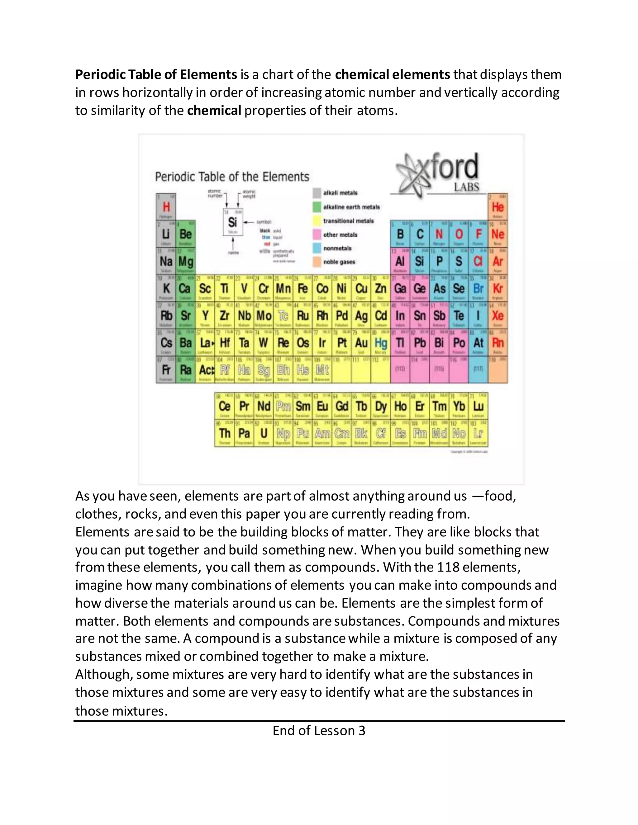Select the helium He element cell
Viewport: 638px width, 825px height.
(498, 207)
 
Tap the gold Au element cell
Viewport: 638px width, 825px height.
(361, 343)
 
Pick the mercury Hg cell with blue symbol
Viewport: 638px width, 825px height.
(381, 343)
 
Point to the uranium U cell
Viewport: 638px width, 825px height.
(264, 433)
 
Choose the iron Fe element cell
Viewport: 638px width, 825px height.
(303, 289)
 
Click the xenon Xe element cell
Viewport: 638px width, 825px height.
(498, 316)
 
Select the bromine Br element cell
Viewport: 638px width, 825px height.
(478, 289)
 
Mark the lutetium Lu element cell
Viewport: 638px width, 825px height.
(478, 407)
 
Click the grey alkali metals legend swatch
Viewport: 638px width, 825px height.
(317, 193)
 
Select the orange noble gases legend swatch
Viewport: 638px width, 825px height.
(317, 262)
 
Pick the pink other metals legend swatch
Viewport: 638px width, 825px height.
(317, 235)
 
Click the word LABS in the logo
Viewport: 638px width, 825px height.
(466, 187)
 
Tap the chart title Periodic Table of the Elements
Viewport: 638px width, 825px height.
(232, 177)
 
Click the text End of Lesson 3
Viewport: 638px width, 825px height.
(319, 731)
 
